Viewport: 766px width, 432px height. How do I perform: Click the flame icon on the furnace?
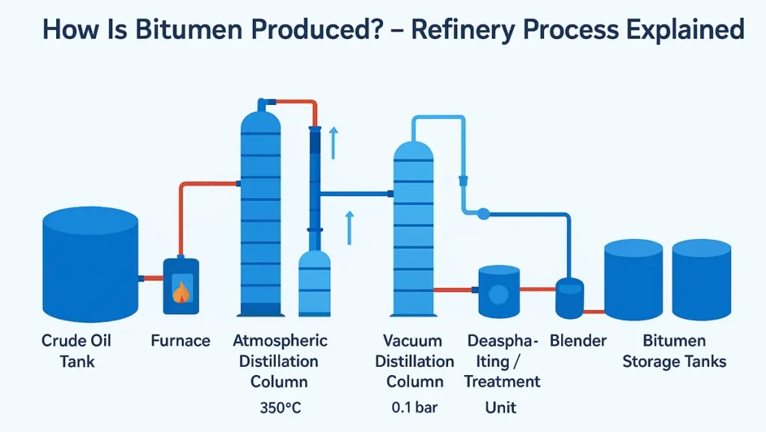tap(180, 290)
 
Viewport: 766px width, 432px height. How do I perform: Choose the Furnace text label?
tap(180, 341)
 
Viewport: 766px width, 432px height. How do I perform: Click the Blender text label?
tap(577, 341)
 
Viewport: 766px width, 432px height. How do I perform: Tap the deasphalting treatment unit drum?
tap(498, 290)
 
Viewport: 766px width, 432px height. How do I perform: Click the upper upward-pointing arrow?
tap(334, 142)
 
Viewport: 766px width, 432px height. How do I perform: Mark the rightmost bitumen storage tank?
tap(701, 280)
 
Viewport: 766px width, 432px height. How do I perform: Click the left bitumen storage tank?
tap(634, 280)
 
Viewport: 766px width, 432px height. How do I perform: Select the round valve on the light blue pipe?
tap(483, 214)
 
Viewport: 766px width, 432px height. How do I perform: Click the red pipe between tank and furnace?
tap(152, 279)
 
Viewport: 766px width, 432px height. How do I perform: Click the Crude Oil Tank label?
tap(76, 351)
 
